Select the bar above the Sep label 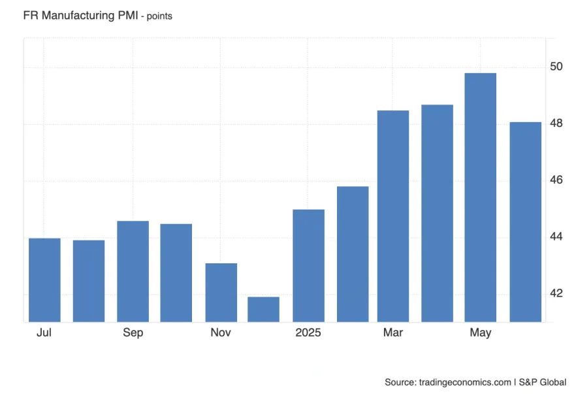click(133, 271)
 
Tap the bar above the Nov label click(221, 292)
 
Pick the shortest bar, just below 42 click(264, 309)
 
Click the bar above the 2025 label click(308, 265)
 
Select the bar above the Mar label click(393, 216)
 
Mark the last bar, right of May click(525, 222)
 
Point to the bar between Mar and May click(437, 213)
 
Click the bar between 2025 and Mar click(353, 254)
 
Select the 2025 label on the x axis click(308, 333)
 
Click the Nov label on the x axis click(221, 333)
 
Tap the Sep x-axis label click(133, 333)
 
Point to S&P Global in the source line click(543, 382)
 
